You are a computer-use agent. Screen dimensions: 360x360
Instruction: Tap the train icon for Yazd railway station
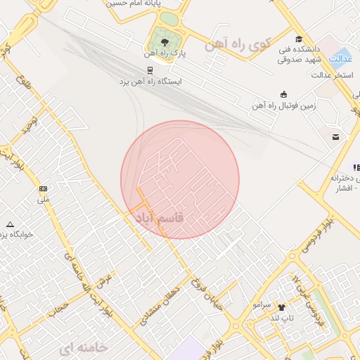pos(150,70)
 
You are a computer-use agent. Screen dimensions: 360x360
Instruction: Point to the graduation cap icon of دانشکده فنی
pos(300,39)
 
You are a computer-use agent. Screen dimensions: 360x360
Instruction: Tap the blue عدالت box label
pos(340,58)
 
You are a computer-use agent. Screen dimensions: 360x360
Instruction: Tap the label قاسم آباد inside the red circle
pos(159,219)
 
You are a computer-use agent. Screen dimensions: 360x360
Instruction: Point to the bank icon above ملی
pos(44,188)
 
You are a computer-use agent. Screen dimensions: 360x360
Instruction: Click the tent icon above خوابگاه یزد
pos(8,222)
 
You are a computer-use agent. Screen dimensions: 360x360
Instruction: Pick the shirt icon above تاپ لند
pos(282,307)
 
